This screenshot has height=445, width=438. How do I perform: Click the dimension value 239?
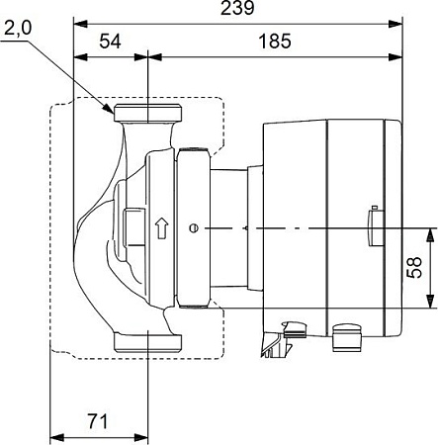(x=237, y=8)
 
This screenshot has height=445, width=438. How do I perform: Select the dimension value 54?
(x=111, y=42)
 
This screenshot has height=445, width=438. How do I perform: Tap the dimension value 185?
(x=275, y=42)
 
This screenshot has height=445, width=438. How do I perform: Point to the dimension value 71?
(x=98, y=421)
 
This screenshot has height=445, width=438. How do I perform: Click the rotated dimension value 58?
(x=414, y=267)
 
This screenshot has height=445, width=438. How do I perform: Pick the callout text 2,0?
(x=18, y=29)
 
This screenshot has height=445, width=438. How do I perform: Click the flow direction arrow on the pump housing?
(x=161, y=227)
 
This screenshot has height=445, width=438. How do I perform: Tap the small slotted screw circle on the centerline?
(x=194, y=228)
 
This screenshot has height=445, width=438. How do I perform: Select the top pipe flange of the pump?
(x=147, y=113)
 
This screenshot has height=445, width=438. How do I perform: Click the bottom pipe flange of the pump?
(x=147, y=343)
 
